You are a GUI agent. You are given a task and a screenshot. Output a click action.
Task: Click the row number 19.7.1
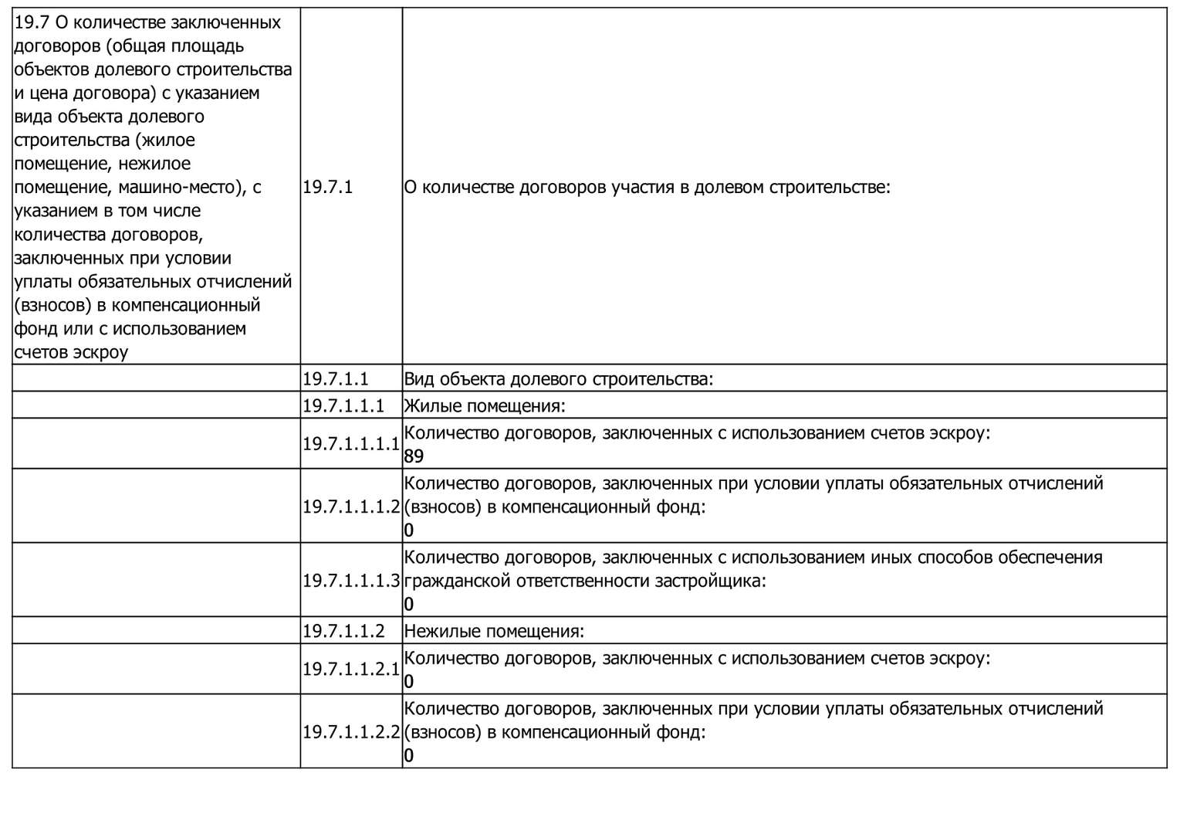[x=327, y=187]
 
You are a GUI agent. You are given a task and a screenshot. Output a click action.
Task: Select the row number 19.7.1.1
[x=336, y=379]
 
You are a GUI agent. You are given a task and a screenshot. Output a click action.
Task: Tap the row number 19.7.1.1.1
[x=343, y=406]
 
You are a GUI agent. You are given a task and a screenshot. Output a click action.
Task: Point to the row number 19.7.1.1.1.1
[x=350, y=444]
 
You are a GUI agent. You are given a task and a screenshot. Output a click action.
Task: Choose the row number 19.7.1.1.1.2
[x=350, y=507]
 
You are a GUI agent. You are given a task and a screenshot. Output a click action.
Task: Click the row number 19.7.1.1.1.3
[x=350, y=581]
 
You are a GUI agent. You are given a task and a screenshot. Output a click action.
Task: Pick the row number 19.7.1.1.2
[x=343, y=631]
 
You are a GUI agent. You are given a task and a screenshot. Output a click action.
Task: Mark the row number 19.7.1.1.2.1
[x=350, y=670]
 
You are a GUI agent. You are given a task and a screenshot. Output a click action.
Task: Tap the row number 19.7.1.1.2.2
[x=350, y=732]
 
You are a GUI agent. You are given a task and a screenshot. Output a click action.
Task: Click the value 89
[x=414, y=456]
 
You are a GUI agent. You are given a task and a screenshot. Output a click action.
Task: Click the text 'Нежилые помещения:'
[x=494, y=631]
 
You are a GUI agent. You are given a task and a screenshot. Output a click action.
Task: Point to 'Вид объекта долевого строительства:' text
[x=559, y=379]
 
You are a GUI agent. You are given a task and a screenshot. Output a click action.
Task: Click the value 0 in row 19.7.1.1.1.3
[x=409, y=605]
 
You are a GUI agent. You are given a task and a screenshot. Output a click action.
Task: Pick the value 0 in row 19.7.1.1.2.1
[x=409, y=682]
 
